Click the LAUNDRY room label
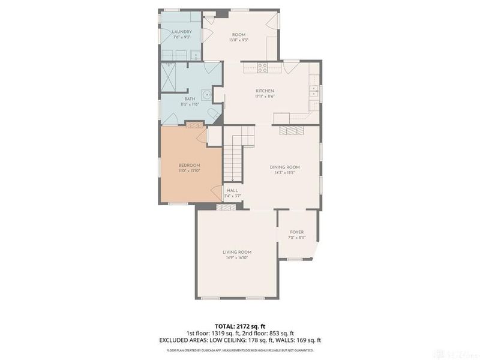coord(181,32)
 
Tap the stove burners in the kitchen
coord(262,68)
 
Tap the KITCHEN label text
coord(265,91)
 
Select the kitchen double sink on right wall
coord(314,91)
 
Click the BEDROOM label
coord(190,165)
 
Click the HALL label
coord(232,191)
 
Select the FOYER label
coord(296,232)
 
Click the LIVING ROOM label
coord(236,252)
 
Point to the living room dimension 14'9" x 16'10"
coord(236,258)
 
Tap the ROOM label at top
coord(239,35)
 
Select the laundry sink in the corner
coord(196,55)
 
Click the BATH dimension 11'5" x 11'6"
coord(190,104)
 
